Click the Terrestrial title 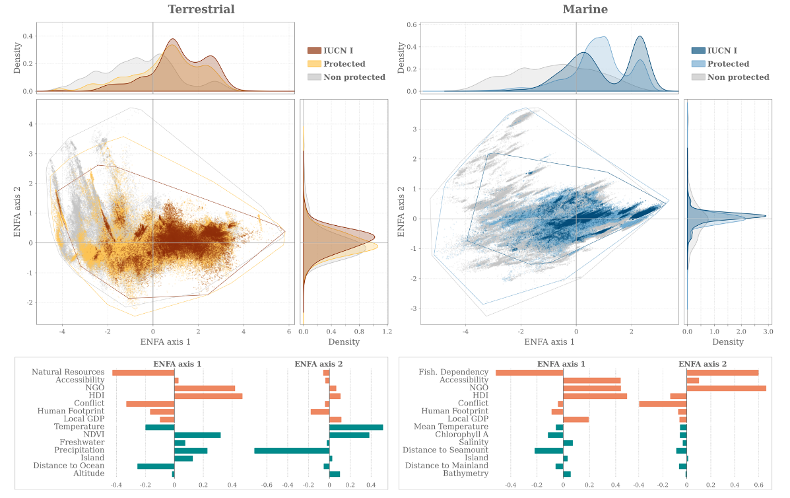click(201, 9)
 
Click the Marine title click(585, 9)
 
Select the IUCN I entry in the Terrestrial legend click(338, 51)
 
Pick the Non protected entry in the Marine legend click(738, 77)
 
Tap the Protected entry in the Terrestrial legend click(344, 64)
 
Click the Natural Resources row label click(68, 373)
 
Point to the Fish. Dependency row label click(453, 373)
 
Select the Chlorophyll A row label click(461, 435)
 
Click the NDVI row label click(93, 435)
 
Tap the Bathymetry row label click(465, 474)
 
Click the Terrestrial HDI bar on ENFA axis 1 click(208, 396)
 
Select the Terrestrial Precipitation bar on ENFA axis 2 click(292, 450)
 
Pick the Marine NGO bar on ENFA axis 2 click(726, 388)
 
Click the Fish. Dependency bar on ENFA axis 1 click(529, 373)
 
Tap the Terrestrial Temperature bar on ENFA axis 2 click(356, 427)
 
